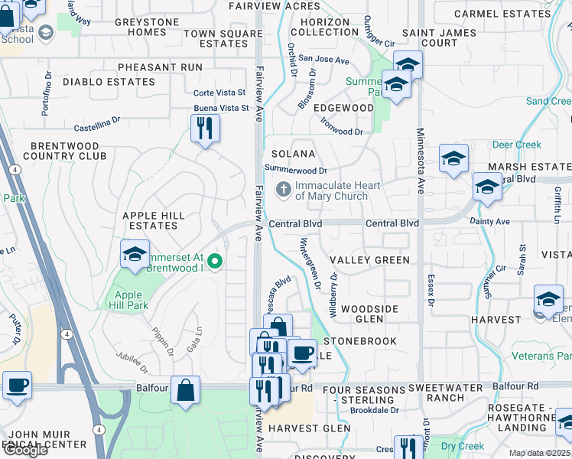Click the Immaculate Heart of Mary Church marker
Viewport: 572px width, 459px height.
coord(284,190)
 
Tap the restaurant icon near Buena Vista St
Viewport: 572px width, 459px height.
coord(205,128)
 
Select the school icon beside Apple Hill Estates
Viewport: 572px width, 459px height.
coord(135,255)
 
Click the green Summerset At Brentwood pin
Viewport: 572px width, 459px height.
coord(215,262)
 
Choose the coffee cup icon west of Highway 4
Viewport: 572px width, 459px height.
coord(17,386)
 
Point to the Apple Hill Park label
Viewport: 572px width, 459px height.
coord(130,301)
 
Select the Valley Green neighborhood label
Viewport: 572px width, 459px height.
coord(371,260)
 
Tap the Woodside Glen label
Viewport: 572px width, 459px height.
coord(370,313)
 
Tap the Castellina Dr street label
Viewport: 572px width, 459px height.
coord(97,120)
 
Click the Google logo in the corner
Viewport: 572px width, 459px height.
coord(25,450)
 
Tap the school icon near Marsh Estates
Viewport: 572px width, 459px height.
coord(486,187)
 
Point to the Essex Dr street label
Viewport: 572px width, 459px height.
coord(431,291)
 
